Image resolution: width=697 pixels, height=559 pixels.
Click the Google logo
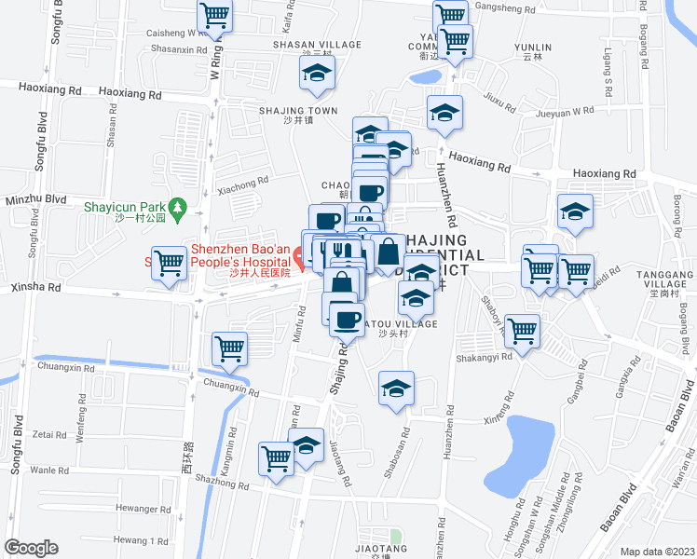click(x=31, y=548)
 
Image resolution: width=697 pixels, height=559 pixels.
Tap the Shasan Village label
click(x=317, y=45)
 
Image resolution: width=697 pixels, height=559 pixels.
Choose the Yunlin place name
click(x=532, y=48)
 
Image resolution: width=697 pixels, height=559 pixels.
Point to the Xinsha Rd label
click(x=35, y=288)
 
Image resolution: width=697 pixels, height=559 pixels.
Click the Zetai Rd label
click(x=49, y=434)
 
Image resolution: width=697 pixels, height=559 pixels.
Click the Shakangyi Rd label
click(x=485, y=356)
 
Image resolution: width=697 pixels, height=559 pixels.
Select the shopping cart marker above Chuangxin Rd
click(x=229, y=349)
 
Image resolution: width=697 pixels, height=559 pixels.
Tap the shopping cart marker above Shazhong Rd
click(x=277, y=457)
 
